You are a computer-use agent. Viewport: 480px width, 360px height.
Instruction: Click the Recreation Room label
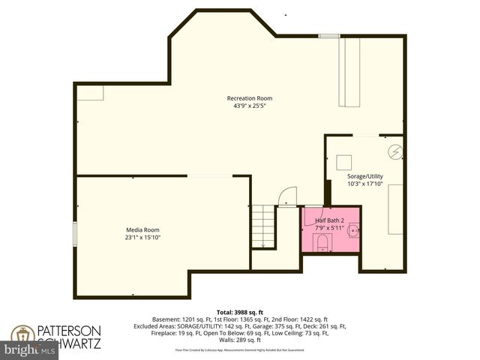pos(250,98)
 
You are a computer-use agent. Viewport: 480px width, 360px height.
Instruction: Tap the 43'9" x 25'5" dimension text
pos(250,106)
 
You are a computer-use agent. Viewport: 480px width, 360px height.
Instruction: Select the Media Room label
pos(142,229)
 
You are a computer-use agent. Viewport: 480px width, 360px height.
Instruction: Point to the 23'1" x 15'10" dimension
pos(142,238)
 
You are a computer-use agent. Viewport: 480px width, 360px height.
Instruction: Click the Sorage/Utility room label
pos(365,176)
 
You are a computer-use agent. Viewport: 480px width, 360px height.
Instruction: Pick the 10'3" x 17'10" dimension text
pos(365,184)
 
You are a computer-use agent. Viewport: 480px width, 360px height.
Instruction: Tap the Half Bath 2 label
pos(330,220)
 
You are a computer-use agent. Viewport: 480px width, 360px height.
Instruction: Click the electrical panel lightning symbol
pos(394,152)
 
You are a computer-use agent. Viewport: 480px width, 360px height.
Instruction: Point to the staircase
pos(263,226)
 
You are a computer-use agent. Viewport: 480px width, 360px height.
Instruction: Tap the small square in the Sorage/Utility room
pos(345,162)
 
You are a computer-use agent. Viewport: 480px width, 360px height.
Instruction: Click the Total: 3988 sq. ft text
pos(239,311)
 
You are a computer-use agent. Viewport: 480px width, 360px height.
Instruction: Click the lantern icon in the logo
pos(22,335)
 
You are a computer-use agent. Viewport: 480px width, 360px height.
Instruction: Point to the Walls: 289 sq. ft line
pos(239,340)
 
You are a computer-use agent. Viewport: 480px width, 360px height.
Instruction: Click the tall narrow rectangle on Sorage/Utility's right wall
pos(395,210)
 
